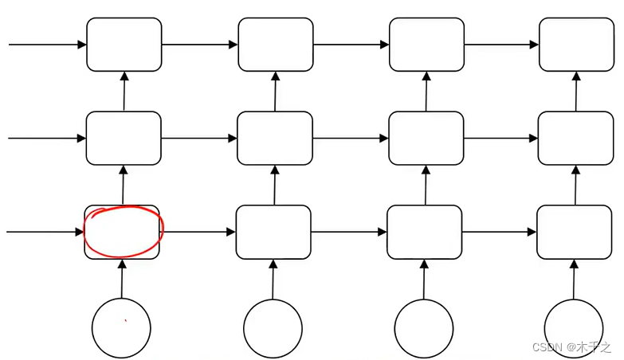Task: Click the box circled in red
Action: click(122, 232)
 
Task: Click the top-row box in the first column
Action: click(124, 45)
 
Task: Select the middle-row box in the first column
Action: click(124, 138)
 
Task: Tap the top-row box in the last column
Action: click(576, 45)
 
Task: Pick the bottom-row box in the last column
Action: click(575, 232)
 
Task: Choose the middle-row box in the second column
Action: click(275, 138)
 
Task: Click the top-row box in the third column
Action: click(426, 45)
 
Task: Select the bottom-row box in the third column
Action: click(424, 232)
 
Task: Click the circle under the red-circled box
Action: click(121, 328)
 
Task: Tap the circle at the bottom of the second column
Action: click(273, 328)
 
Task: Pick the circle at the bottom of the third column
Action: click(424, 328)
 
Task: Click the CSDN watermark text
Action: click(571, 348)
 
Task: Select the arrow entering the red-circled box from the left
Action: click(45, 232)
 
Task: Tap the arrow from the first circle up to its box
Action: click(122, 279)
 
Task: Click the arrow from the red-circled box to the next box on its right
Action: click(199, 232)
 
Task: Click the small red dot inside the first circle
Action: click(125, 321)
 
